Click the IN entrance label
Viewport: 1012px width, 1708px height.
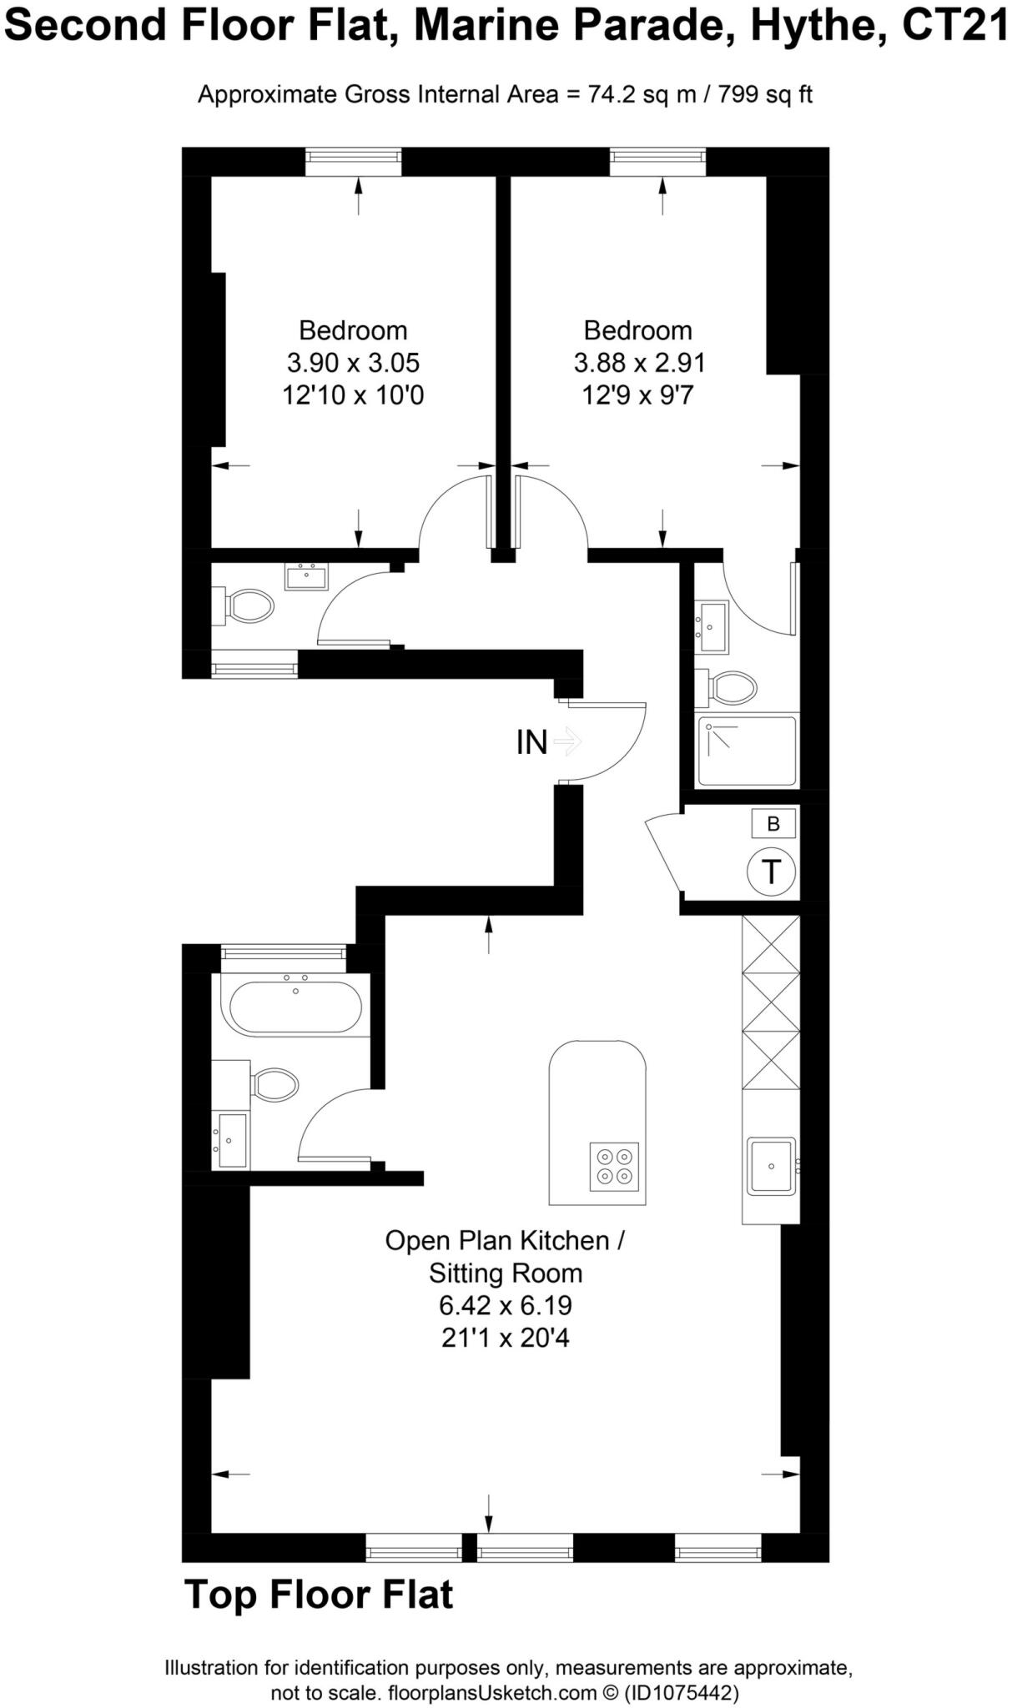532,741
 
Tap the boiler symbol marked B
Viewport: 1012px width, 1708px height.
773,824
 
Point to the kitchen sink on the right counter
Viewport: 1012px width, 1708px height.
771,1166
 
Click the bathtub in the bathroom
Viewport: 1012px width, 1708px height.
295,1007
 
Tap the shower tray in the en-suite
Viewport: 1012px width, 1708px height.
747,751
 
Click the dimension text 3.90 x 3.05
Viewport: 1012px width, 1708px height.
353,363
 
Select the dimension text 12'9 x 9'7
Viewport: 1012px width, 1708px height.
637,394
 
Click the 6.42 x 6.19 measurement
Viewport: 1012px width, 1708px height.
505,1305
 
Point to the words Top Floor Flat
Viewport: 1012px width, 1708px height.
319,1594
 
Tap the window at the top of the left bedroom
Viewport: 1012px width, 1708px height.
353,162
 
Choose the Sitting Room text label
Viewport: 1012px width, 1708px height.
505,1273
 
